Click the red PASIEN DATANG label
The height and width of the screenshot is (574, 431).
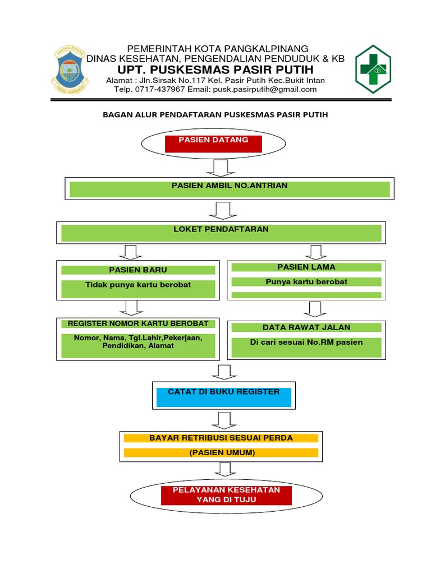pyautogui.click(x=213, y=143)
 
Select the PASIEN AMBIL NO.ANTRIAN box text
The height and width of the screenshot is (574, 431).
pyautogui.click(x=229, y=186)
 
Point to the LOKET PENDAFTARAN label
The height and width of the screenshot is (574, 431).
pyautogui.click(x=221, y=229)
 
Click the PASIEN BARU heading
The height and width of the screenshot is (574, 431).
pyautogui.click(x=138, y=270)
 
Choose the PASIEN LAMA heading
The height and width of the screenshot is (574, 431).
pyautogui.click(x=306, y=267)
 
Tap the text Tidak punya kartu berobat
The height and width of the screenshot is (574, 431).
pyautogui.click(x=138, y=285)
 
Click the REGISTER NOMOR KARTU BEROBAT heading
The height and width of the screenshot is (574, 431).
pyautogui.click(x=138, y=324)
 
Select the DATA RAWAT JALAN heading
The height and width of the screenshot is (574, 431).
pyautogui.click(x=306, y=327)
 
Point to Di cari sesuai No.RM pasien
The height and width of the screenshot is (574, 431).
pyautogui.click(x=306, y=342)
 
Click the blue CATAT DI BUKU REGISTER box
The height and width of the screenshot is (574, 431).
pyautogui.click(x=223, y=396)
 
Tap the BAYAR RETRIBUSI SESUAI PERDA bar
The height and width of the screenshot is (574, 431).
pyautogui.click(x=221, y=438)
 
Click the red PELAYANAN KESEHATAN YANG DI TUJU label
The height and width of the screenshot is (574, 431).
pyautogui.click(x=226, y=495)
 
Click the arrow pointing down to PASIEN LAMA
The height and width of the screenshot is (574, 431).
pyautogui.click(x=315, y=252)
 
